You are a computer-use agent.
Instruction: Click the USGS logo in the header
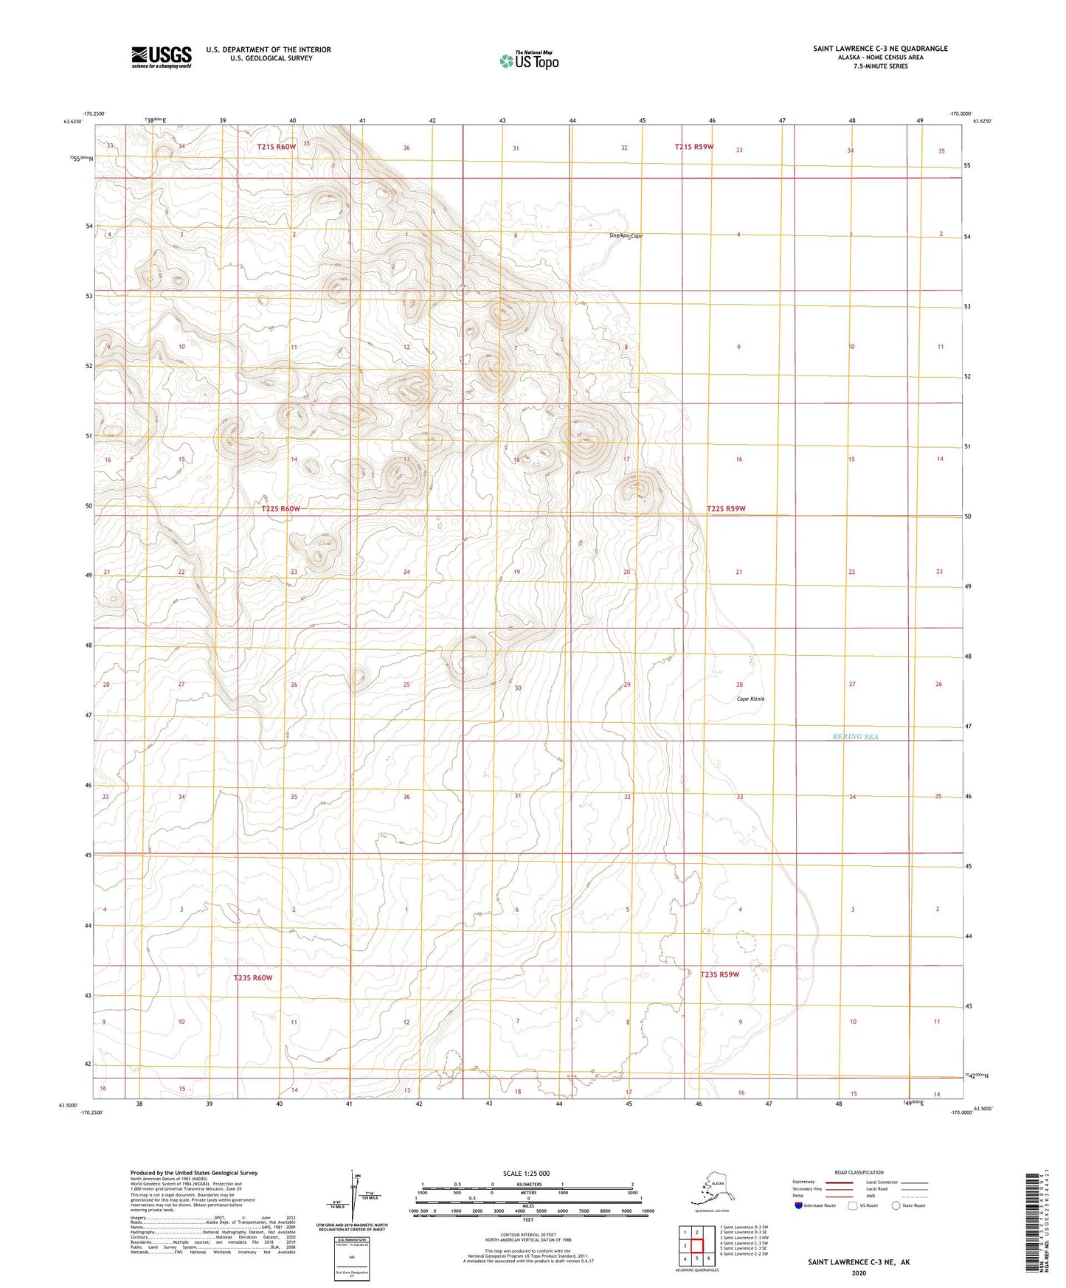(x=162, y=57)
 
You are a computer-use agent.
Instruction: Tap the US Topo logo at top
(x=528, y=60)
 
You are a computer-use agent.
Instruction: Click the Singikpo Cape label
(x=626, y=236)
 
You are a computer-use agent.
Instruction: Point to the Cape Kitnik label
(x=750, y=699)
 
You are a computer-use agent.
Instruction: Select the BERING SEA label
(x=855, y=736)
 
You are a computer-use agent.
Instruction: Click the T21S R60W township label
(x=276, y=147)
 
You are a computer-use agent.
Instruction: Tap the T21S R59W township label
(x=693, y=147)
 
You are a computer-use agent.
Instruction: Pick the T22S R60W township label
(x=280, y=509)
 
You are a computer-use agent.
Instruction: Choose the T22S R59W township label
(x=726, y=508)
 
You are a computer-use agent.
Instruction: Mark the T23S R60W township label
(x=253, y=977)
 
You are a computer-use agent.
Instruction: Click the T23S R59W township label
(x=719, y=974)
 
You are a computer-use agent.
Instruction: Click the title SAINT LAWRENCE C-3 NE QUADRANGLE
(x=880, y=49)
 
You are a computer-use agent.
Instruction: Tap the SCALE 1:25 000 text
(x=526, y=1173)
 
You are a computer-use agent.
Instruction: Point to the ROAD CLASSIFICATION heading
(x=859, y=1172)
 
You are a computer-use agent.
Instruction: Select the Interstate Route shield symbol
(x=799, y=1205)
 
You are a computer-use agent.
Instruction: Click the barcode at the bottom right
(x=1036, y=1223)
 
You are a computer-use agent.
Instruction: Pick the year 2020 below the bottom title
(x=858, y=1273)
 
